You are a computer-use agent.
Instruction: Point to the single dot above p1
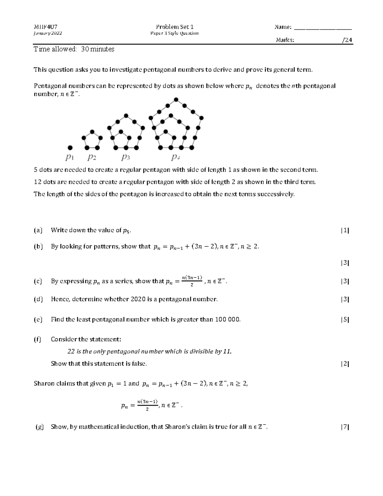point(70,148)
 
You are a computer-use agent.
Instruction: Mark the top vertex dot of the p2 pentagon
point(92,132)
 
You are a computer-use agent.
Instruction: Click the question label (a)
point(38,230)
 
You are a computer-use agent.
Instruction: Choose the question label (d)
point(38,299)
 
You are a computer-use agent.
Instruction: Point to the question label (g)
point(40,427)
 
